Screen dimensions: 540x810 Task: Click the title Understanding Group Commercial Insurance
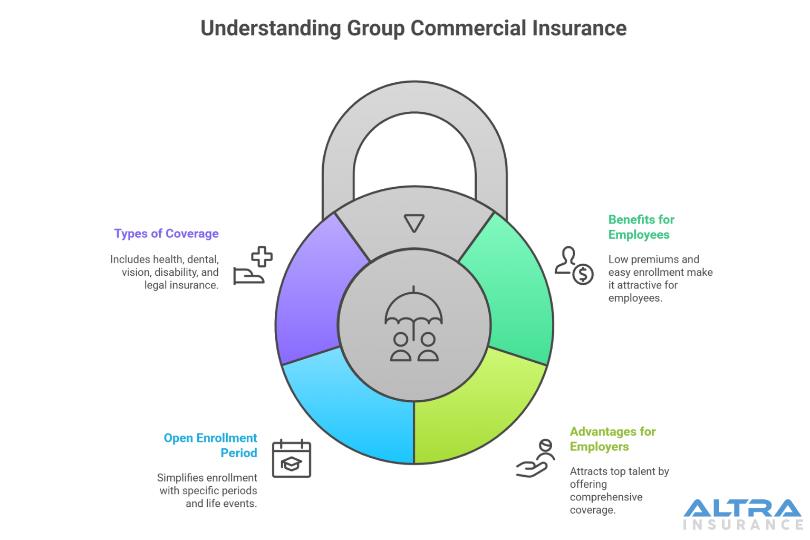413,28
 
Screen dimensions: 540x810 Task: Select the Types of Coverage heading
166,234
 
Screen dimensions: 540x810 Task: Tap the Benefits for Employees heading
641,227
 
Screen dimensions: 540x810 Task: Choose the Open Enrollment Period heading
210,446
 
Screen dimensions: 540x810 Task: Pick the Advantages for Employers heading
612,439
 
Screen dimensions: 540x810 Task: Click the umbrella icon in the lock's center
414,308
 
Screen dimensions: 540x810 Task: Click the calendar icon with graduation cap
292,459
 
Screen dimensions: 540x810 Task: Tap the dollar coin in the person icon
583,274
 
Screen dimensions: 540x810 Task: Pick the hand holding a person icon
535,459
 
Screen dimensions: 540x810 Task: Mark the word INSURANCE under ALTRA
743,525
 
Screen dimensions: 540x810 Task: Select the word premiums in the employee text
654,259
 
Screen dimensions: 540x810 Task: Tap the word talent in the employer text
644,471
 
